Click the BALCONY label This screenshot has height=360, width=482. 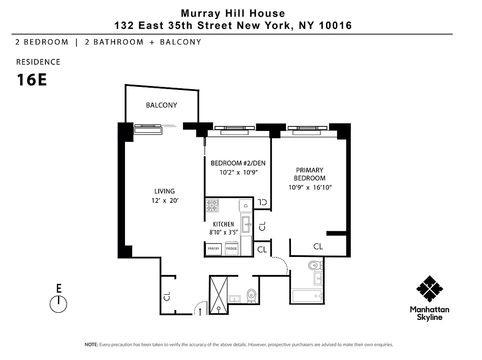pos(161,105)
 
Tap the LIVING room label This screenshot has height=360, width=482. pos(164,191)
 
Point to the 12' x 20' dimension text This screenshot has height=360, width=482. pos(165,201)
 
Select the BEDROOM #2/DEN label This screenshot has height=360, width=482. pos(238,163)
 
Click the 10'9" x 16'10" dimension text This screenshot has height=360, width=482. pos(310,187)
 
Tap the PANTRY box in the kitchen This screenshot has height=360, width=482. pos(213,248)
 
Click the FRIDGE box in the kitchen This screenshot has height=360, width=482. pos(232,248)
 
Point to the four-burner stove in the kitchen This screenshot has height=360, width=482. pos(212,205)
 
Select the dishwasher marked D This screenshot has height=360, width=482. pos(246,205)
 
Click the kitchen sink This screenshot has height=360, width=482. pos(246,223)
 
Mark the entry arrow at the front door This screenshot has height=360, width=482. pos(200,311)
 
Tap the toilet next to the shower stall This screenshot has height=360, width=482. pos(251,295)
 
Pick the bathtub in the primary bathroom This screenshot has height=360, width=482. pos(306,296)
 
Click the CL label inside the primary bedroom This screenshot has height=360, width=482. pos(318,247)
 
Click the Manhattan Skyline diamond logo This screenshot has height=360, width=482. pos(429,289)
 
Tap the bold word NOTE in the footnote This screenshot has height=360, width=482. pos(91,345)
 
